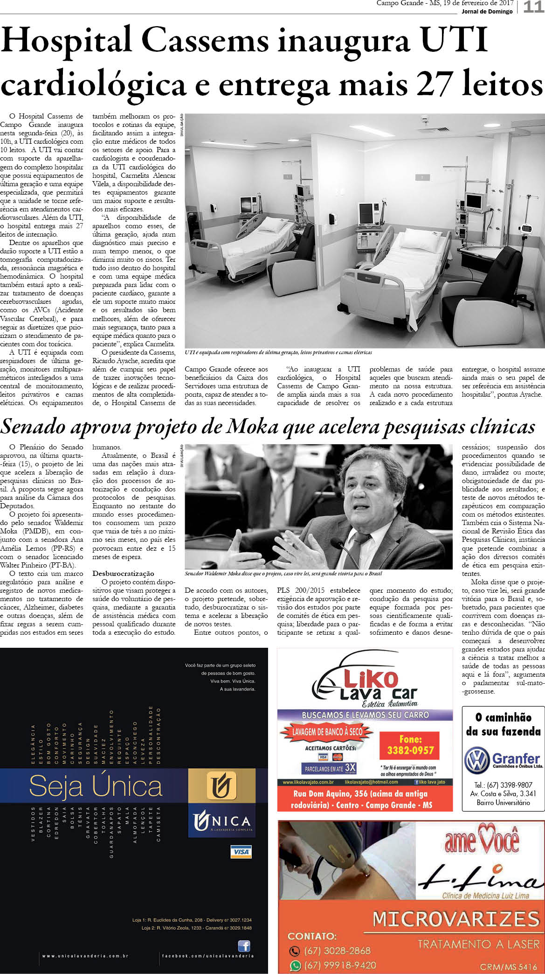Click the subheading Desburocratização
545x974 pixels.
tap(123, 573)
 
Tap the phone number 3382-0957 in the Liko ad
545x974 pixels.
tap(410, 750)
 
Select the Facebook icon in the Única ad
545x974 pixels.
tap(244, 946)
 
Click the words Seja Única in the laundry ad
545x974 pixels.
tap(96, 787)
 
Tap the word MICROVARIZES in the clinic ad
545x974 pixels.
tap(455, 919)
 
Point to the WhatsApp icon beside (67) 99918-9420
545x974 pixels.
tap(294, 965)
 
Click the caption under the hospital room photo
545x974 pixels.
tap(278, 353)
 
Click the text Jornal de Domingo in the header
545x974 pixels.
tap(487, 12)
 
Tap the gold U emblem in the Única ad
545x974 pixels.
tap(221, 785)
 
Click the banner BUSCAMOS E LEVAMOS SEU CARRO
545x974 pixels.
tap(365, 715)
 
